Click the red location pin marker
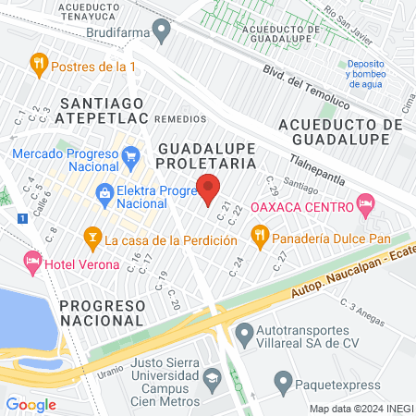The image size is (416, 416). [209, 190]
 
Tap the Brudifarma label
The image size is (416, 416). [118, 32]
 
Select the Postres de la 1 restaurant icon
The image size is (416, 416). [38, 65]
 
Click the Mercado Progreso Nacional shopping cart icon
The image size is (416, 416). [130, 154]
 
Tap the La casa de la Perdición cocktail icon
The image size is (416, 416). [92, 239]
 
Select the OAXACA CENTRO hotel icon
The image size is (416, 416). [367, 204]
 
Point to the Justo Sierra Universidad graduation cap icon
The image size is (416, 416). [212, 377]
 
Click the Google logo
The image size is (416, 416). [31, 404]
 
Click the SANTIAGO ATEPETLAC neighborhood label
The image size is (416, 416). [102, 111]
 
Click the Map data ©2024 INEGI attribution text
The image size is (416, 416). [360, 409]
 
